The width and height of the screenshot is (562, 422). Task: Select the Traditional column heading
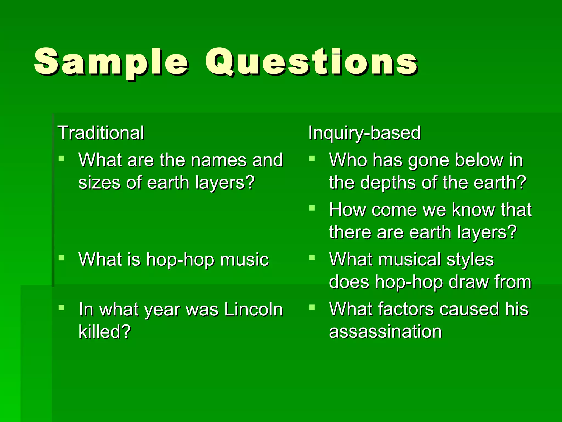pyautogui.click(x=101, y=133)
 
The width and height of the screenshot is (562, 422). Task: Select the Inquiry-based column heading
pyautogui.click(x=364, y=133)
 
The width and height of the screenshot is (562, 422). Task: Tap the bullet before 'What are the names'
pyautogui.click(x=61, y=158)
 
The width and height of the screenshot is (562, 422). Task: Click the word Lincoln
pyautogui.click(x=253, y=309)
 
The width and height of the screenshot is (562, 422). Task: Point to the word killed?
pyautogui.click(x=105, y=332)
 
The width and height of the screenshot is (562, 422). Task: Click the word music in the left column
pyautogui.click(x=244, y=260)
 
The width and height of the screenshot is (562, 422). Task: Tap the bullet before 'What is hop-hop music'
pyautogui.click(x=61, y=258)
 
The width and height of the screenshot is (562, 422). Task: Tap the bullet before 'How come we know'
pyautogui.click(x=312, y=208)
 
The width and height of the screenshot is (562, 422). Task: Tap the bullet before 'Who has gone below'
pyautogui.click(x=312, y=158)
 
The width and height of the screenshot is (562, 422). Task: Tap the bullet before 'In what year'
pyautogui.click(x=61, y=307)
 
